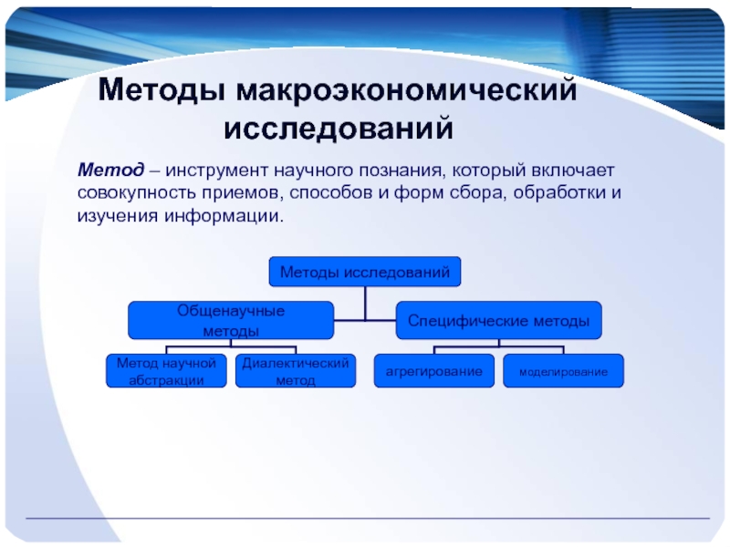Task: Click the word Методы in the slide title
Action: click(x=162, y=90)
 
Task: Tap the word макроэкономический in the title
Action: click(x=406, y=89)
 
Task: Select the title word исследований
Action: click(x=339, y=128)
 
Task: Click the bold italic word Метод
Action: click(x=110, y=170)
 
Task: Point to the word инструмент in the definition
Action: click(x=216, y=171)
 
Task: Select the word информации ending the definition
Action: click(x=224, y=216)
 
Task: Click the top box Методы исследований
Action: click(x=365, y=272)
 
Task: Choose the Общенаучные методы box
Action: click(x=231, y=321)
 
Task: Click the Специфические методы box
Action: click(x=498, y=321)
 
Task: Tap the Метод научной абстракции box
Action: click(x=166, y=371)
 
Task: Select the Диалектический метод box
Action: click(x=296, y=371)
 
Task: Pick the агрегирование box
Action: click(x=434, y=371)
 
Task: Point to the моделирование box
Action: click(x=563, y=371)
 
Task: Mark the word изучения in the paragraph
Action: click(x=118, y=217)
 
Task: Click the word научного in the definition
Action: click(x=313, y=170)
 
